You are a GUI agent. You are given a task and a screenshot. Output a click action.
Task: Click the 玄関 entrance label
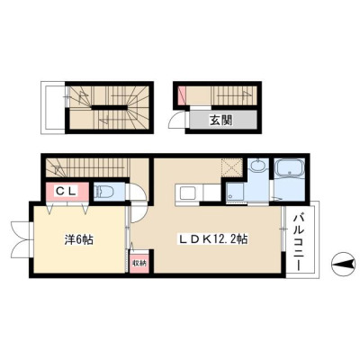click(x=220, y=121)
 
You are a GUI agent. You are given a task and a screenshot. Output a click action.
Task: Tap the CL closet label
click(x=66, y=191)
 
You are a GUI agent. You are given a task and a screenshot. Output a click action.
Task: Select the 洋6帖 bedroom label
click(x=79, y=239)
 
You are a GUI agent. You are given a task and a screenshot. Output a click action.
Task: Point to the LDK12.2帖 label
click(x=213, y=239)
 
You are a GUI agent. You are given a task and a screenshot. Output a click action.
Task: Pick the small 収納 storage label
click(x=139, y=263)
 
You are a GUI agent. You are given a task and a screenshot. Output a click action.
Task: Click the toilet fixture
click(x=103, y=192)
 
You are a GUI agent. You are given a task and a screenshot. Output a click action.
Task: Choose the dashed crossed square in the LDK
click(x=231, y=168)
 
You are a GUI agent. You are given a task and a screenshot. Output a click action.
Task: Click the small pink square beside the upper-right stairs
click(x=182, y=95)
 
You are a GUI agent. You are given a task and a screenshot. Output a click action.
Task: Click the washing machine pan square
click(x=235, y=192)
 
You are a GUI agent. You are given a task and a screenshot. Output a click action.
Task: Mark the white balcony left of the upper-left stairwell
click(x=53, y=107)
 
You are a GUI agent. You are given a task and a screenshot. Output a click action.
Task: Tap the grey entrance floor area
click(x=223, y=120)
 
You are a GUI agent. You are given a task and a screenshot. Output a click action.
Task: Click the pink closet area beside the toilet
click(x=67, y=192)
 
